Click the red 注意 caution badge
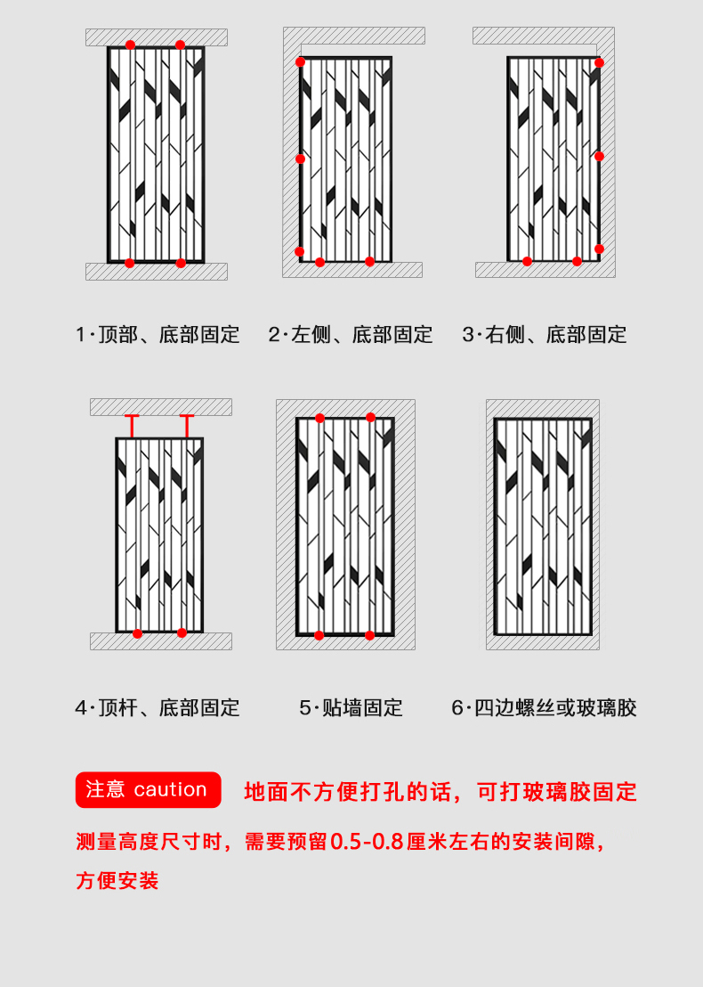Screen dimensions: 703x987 tap(148, 789)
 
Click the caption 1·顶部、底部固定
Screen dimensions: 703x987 tap(158, 334)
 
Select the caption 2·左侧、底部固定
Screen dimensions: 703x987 tap(351, 334)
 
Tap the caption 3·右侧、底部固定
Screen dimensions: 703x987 tap(545, 334)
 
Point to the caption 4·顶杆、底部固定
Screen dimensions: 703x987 tap(158, 707)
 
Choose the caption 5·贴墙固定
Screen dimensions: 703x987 tap(351, 707)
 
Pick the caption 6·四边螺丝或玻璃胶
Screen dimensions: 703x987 tap(545, 707)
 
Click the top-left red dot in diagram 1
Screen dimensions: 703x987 tap(130, 45)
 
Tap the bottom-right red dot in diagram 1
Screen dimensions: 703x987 tap(181, 263)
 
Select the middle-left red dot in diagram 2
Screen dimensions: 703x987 tap(301, 159)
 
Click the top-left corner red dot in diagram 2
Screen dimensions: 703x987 tap(301, 61)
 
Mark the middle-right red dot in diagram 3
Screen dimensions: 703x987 tap(599, 156)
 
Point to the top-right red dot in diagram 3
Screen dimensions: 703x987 tap(599, 62)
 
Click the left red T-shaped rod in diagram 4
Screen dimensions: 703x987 tap(132, 426)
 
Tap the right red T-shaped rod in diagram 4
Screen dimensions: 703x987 tap(187, 426)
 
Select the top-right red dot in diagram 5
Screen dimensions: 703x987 tap(370, 417)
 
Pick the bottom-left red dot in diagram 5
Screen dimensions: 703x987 tap(319, 635)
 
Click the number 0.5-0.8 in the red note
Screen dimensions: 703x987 tap(367, 842)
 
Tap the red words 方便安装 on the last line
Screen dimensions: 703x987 tap(117, 881)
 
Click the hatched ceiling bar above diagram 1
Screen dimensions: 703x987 tap(157, 37)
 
